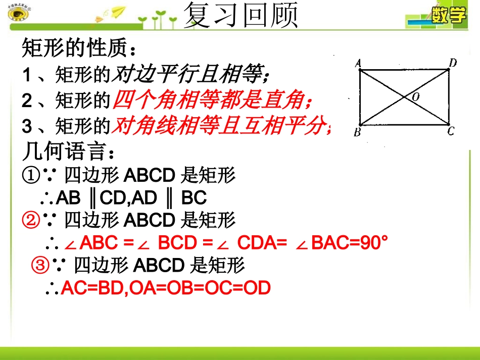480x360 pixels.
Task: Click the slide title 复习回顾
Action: point(241,16)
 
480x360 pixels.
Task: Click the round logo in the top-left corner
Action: point(18,14)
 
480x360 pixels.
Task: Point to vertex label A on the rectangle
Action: point(357,63)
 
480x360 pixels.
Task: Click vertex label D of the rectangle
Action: point(453,63)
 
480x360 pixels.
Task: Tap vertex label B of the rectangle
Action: point(357,132)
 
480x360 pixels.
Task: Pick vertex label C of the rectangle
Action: point(451,131)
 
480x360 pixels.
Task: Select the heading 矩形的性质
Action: point(79,49)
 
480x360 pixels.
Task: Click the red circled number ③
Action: point(40,265)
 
